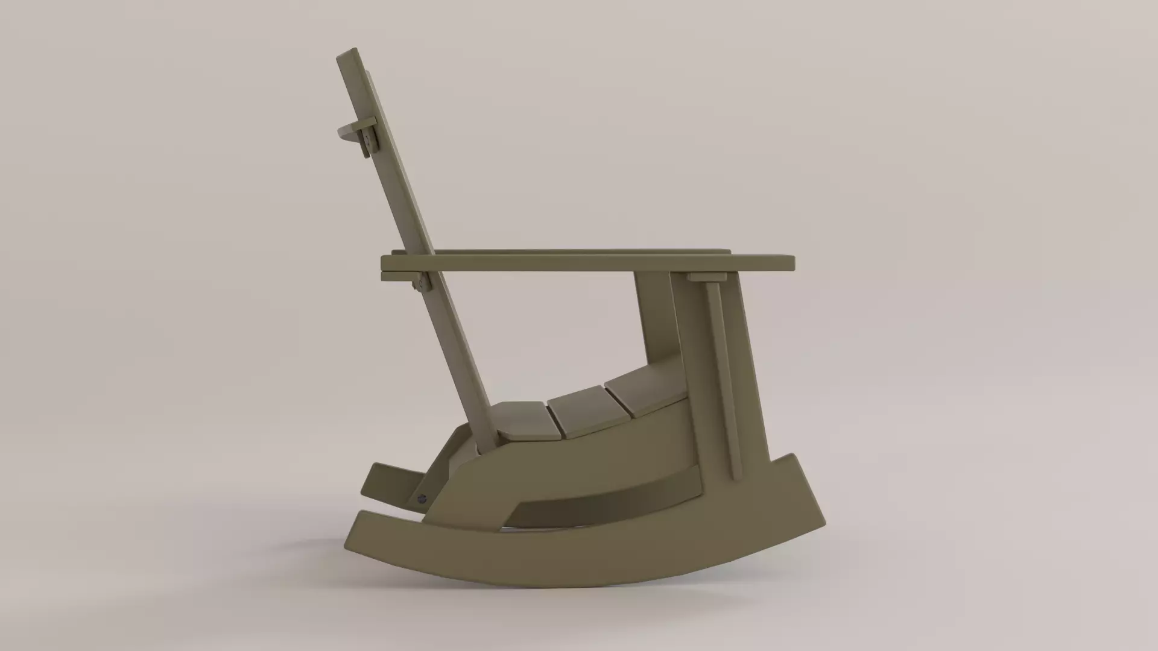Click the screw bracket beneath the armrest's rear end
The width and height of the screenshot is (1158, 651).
[420, 281]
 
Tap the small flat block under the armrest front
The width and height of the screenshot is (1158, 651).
[707, 277]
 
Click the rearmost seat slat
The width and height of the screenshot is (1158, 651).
[524, 419]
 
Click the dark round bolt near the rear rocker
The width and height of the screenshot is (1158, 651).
[422, 498]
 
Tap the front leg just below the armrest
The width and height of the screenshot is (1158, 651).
[657, 313]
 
